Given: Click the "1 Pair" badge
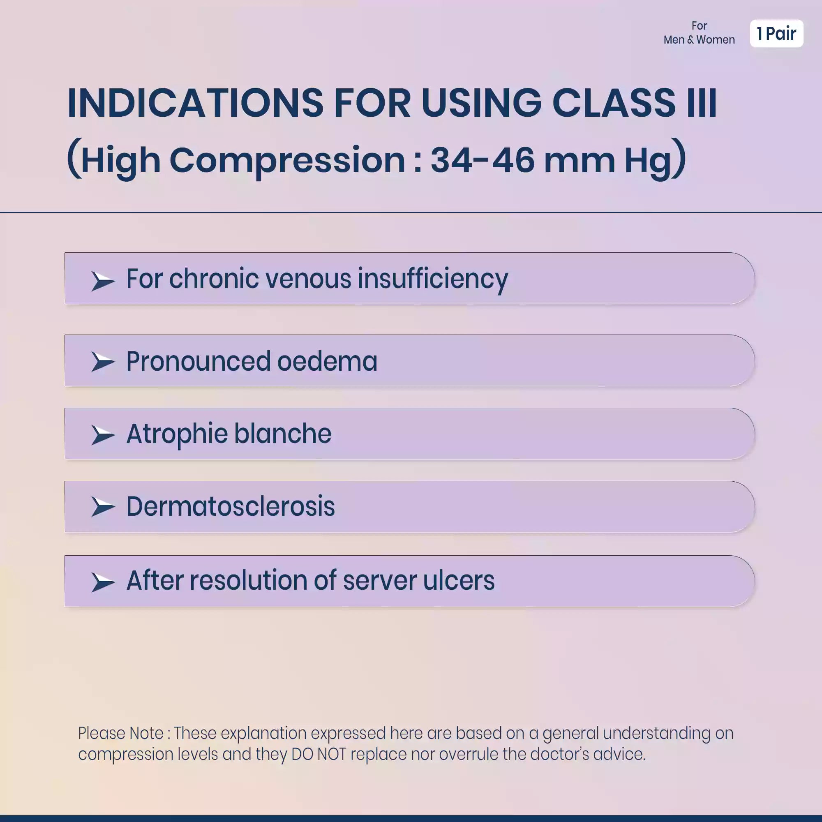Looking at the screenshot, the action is coord(776,33).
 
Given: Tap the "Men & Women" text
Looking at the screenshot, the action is coord(699,39).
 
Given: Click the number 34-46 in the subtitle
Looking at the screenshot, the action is coord(482,160).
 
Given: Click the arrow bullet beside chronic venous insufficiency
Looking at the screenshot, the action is coord(103,281).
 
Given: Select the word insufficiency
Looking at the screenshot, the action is coord(433,279).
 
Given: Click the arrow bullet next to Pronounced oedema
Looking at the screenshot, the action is coord(103,362).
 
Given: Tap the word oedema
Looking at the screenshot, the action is coord(327,361).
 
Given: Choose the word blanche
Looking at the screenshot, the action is coord(282,434).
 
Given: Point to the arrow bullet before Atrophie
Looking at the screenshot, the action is coord(103,435).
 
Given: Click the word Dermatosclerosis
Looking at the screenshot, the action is coord(231,506).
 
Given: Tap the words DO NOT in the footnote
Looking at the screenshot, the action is coord(318,754).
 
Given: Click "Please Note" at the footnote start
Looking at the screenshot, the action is coord(121,733).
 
